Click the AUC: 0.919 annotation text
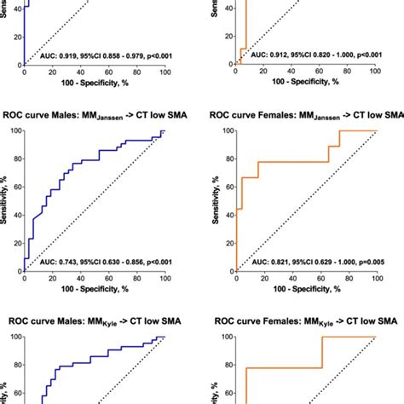pyautogui.click(x=107, y=55)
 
